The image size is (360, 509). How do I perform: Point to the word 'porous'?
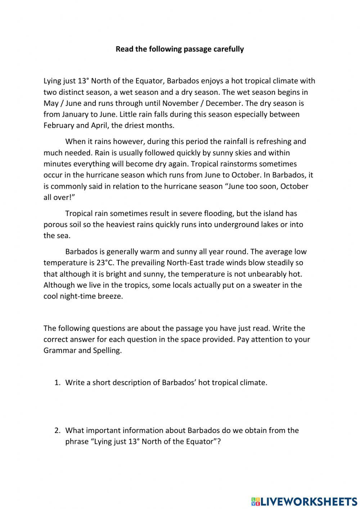(x=56, y=224)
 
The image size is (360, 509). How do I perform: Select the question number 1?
(x=57, y=383)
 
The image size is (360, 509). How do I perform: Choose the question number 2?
(x=57, y=430)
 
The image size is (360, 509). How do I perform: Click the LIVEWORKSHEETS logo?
(x=304, y=501)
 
